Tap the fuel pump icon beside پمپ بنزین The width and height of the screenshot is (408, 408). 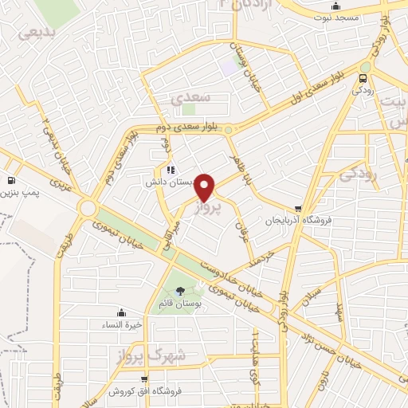[11, 180]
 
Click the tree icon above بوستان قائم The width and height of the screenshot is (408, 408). [180, 292]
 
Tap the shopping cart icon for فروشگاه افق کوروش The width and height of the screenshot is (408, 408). [143, 379]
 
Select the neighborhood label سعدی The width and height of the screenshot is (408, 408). [189, 96]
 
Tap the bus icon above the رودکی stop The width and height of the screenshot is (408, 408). [364, 78]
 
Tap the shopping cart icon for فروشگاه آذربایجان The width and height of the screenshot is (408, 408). [298, 209]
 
